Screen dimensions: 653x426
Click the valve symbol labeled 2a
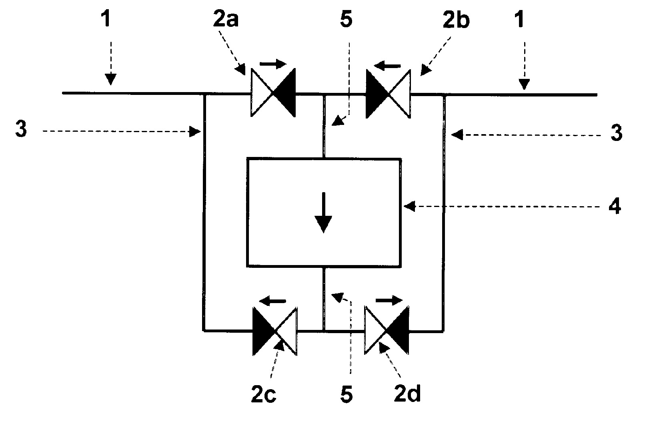pos(273,93)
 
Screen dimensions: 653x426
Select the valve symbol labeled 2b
pos(388,94)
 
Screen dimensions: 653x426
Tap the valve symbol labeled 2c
pos(274,331)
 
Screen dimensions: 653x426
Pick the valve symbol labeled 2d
pos(387,330)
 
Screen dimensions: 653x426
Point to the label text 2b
pos(456,20)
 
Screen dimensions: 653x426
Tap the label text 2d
pos(407,394)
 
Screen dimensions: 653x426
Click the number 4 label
pos(615,207)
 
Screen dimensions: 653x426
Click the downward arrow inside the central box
pos(324,213)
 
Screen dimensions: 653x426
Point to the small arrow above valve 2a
pos(273,64)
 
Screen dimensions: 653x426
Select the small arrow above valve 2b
pos(387,66)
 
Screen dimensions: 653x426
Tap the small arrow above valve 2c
pos(272,301)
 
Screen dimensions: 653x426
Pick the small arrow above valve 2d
pos(389,300)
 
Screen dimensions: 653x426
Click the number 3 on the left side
pos(21,129)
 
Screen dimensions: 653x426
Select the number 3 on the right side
pos(616,133)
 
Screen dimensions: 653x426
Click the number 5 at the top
pos(346,19)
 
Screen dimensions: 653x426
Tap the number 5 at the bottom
pos(347,394)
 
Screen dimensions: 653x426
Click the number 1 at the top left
pos(106,18)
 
